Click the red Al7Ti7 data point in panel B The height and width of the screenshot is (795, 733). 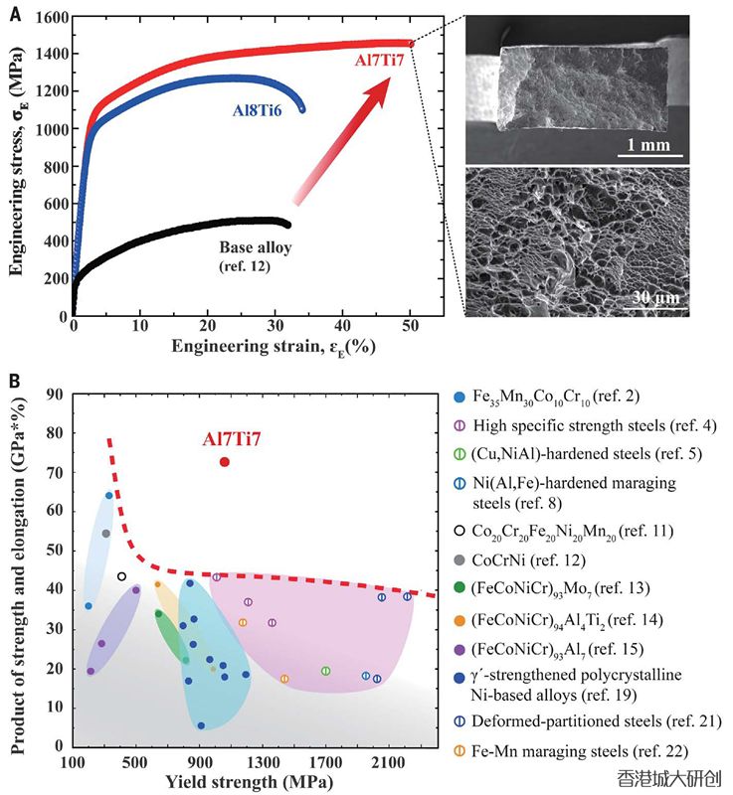225,462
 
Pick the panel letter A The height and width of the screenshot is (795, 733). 14,13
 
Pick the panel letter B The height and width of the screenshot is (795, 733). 14,380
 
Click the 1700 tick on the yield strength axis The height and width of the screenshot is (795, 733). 326,763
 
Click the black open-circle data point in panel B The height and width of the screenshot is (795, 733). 121,576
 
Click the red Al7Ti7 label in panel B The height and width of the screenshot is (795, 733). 232,438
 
